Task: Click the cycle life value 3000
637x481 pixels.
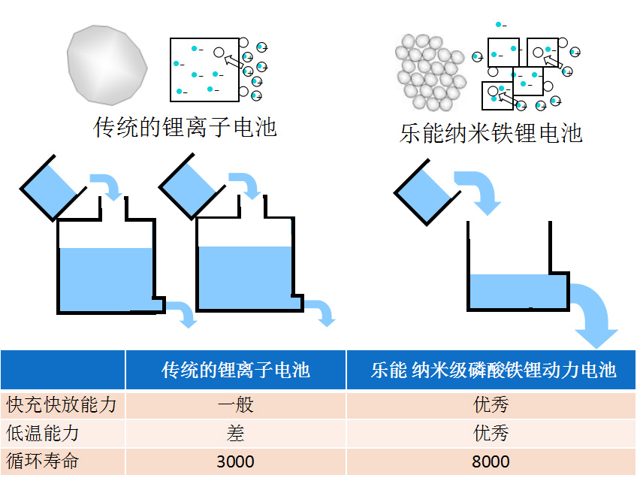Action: tap(235, 461)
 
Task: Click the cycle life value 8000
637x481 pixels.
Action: tap(491, 461)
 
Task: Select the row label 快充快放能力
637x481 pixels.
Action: tap(61, 405)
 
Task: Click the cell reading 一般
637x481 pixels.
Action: tap(235, 405)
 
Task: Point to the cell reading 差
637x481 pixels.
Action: tap(235, 434)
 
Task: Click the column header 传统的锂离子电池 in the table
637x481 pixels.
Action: tap(235, 370)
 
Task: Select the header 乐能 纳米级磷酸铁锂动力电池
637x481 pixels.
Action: tap(493, 370)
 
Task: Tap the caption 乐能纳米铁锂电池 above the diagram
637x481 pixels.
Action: tap(491, 133)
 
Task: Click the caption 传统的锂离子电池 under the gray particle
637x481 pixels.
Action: tap(185, 126)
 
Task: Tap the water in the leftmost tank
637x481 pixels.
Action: tap(105, 278)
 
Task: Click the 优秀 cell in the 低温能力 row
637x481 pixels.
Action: tap(491, 434)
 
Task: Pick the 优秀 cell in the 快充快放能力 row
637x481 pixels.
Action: tap(491, 405)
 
